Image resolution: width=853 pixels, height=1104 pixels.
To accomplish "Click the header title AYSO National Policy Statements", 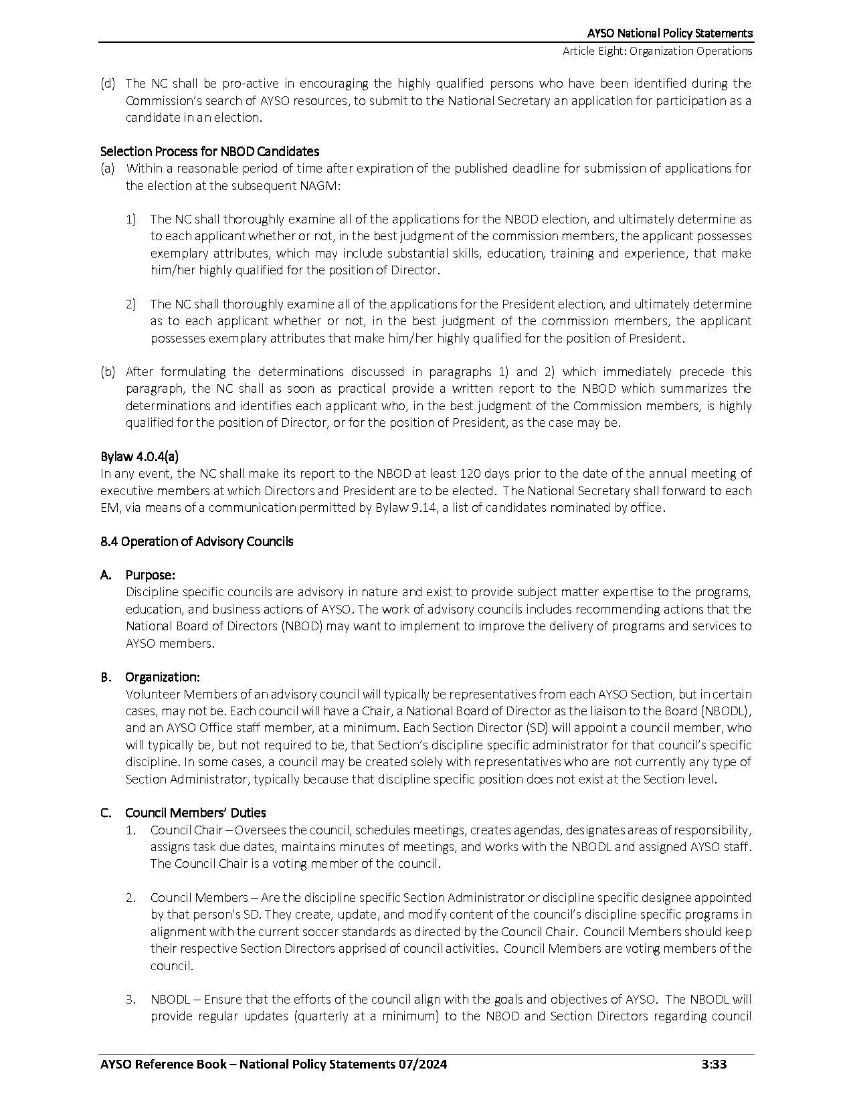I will click(670, 33).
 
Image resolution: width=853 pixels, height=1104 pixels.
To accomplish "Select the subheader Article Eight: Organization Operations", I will click(657, 51).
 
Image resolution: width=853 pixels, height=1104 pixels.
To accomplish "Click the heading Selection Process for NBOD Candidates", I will click(209, 151).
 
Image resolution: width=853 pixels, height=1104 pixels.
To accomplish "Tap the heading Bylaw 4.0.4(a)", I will click(139, 456).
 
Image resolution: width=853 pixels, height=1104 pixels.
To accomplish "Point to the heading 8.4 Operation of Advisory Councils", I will click(197, 541).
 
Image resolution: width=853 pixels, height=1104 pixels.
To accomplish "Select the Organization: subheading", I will click(162, 677).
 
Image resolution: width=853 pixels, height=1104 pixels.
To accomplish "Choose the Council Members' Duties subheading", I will click(195, 813).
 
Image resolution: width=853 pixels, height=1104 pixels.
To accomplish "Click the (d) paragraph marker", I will click(107, 84).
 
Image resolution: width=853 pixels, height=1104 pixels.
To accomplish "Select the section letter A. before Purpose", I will click(106, 575).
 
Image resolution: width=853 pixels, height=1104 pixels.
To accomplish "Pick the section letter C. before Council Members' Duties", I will click(106, 813).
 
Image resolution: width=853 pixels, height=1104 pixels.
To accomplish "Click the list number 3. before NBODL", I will click(131, 1000).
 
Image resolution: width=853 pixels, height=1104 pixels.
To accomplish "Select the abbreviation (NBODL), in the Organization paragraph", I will click(726, 711).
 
